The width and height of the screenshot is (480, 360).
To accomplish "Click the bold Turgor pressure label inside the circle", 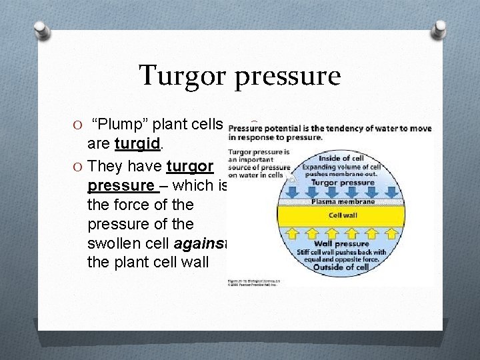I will point(343,182).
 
